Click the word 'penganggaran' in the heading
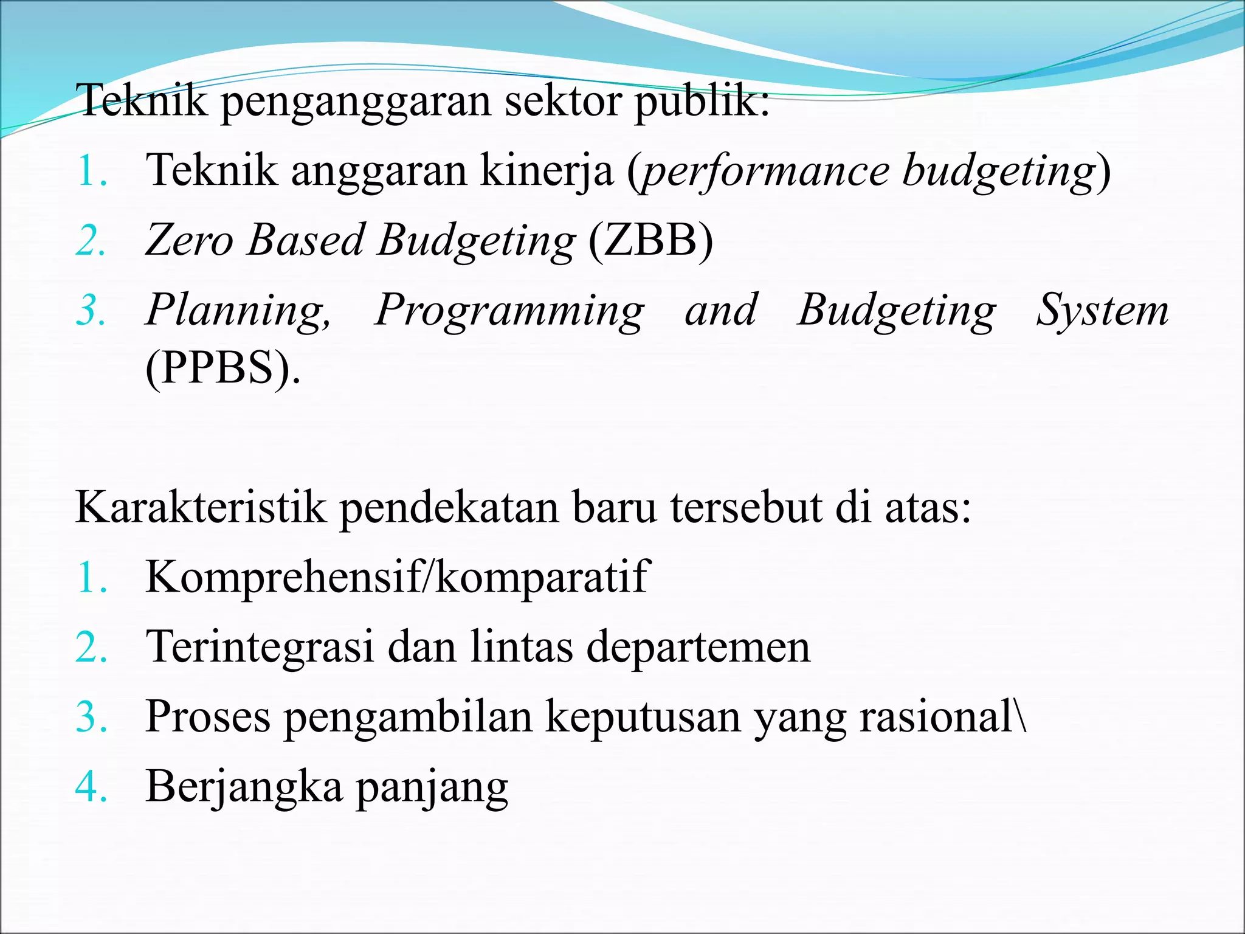click(356, 102)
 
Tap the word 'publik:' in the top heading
click(702, 102)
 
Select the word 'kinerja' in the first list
click(547, 171)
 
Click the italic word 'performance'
click(765, 172)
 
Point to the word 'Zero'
click(189, 240)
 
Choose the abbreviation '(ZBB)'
click(650, 240)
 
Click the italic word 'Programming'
click(509, 311)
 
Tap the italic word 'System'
click(1102, 310)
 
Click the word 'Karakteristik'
click(201, 507)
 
